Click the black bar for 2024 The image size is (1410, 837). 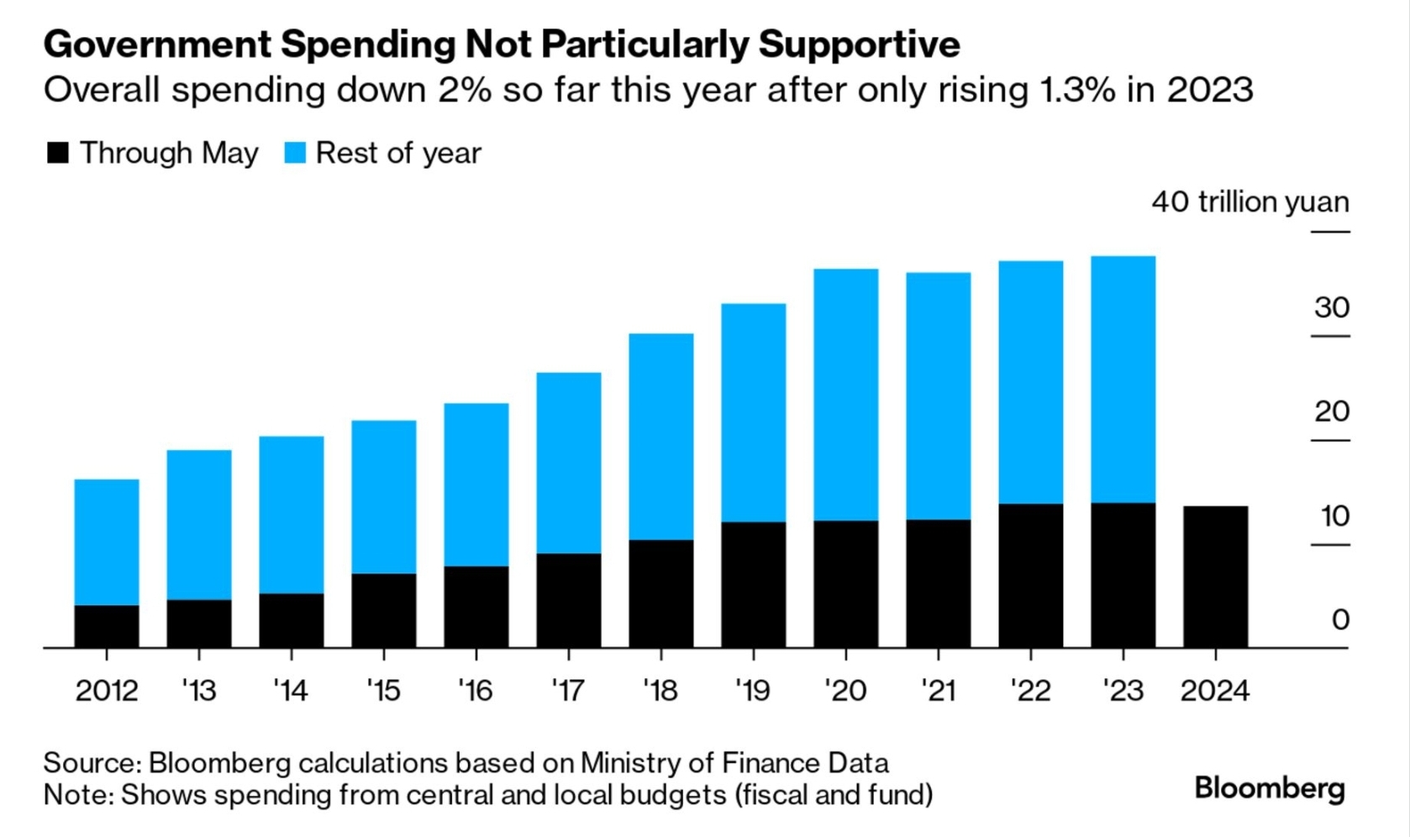[x=1215, y=577]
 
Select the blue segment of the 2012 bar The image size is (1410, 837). [x=107, y=542]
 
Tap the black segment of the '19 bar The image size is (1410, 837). [x=754, y=584]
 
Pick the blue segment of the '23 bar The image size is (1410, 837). [x=1123, y=379]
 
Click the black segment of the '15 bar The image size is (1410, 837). [x=384, y=610]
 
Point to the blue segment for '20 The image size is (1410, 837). [x=846, y=395]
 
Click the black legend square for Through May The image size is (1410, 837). [x=58, y=153]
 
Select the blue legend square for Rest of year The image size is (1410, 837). [x=295, y=153]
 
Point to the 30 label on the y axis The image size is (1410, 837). [x=1332, y=307]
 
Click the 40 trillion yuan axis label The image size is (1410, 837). [x=1250, y=202]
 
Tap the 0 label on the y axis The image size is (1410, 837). [x=1340, y=620]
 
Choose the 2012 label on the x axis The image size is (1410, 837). [x=107, y=690]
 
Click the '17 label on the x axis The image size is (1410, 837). [x=568, y=690]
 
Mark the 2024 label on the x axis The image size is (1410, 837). [x=1215, y=690]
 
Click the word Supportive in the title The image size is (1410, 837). [x=859, y=44]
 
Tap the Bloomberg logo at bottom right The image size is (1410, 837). [x=1270, y=788]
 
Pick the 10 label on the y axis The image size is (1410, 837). [x=1334, y=515]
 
